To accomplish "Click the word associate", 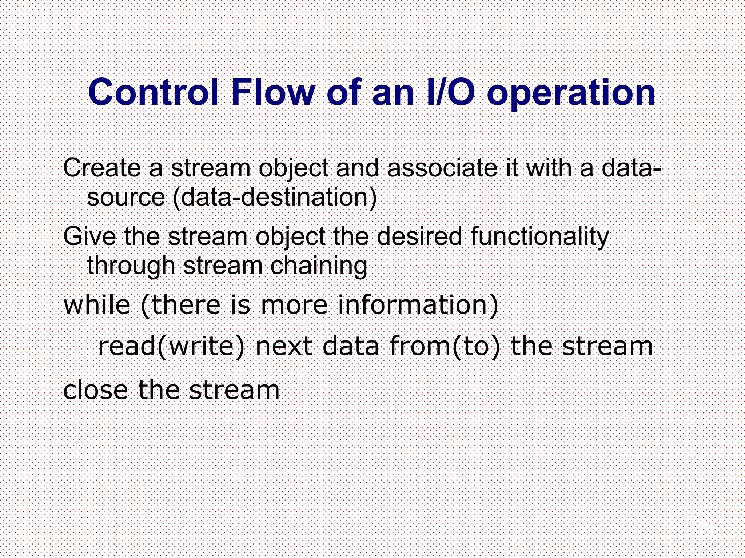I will [x=442, y=168].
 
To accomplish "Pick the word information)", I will [x=418, y=306].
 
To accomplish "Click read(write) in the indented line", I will [x=171, y=347].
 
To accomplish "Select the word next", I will [x=284, y=347].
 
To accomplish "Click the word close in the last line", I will [x=96, y=390].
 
